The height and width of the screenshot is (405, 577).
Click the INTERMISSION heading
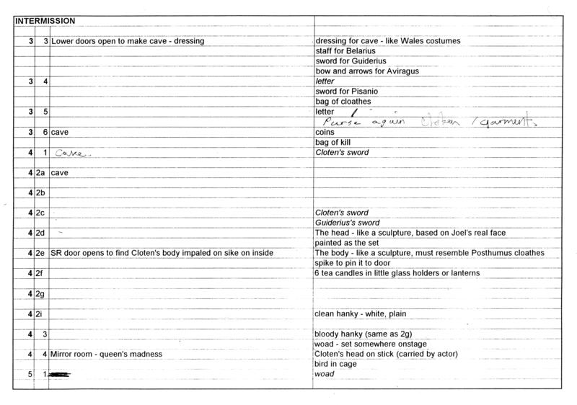[x=46, y=21]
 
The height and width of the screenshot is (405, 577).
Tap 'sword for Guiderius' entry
[x=351, y=61]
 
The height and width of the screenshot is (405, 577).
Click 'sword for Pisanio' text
[x=347, y=92]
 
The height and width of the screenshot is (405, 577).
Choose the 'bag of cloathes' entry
[x=343, y=102]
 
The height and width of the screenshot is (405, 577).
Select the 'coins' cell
[x=325, y=133]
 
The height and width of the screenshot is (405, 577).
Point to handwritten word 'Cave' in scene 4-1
[x=70, y=153]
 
